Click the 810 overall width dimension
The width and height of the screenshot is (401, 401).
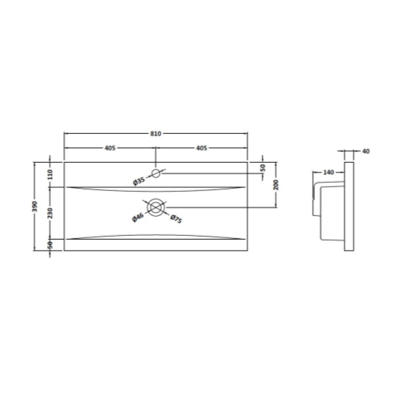(155, 133)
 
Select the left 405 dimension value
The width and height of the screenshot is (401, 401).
(110, 148)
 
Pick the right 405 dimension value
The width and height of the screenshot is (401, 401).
(202, 148)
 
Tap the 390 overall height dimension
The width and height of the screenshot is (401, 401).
(35, 208)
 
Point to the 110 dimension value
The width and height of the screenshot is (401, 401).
(50, 174)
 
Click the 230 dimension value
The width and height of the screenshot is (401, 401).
(50, 213)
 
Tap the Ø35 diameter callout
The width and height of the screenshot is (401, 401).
(138, 181)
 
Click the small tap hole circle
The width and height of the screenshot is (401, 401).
(155, 173)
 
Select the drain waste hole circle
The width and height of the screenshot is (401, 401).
(156, 208)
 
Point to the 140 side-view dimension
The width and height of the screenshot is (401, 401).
(329, 173)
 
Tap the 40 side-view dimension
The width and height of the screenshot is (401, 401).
(366, 151)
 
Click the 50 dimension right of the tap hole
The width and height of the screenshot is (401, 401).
(263, 167)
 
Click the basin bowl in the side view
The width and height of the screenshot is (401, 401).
(329, 209)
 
